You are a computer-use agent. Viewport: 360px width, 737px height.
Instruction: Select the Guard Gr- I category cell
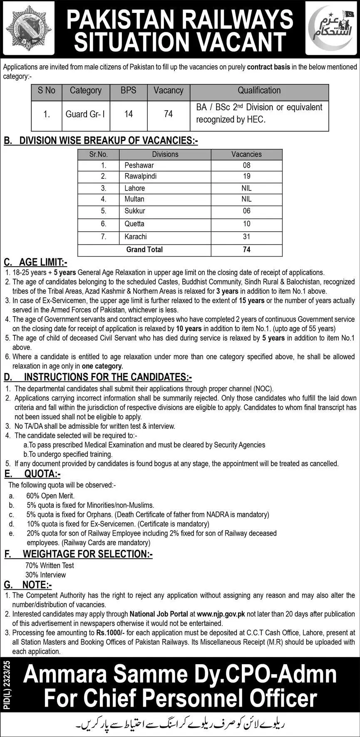point(86,114)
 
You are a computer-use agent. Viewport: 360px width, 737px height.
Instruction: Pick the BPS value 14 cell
point(129,114)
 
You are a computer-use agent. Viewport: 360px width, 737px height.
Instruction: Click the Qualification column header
point(259,91)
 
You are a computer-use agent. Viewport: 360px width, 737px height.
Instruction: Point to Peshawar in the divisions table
point(139,165)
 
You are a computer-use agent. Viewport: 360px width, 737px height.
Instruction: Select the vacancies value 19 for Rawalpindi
point(246,176)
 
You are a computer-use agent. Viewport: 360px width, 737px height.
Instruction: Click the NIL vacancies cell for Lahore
point(246,188)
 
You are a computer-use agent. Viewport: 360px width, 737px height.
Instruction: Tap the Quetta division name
point(134,224)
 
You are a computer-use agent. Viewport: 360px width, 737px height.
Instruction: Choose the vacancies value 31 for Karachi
point(246,237)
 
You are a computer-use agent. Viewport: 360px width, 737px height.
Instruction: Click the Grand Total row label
point(144,250)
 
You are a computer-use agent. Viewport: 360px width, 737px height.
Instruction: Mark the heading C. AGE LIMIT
point(35,262)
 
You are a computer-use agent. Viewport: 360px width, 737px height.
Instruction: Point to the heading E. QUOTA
point(32,474)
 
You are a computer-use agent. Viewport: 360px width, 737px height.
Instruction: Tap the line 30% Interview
point(45,575)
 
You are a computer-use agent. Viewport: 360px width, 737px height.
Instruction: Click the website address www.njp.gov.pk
point(221,614)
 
